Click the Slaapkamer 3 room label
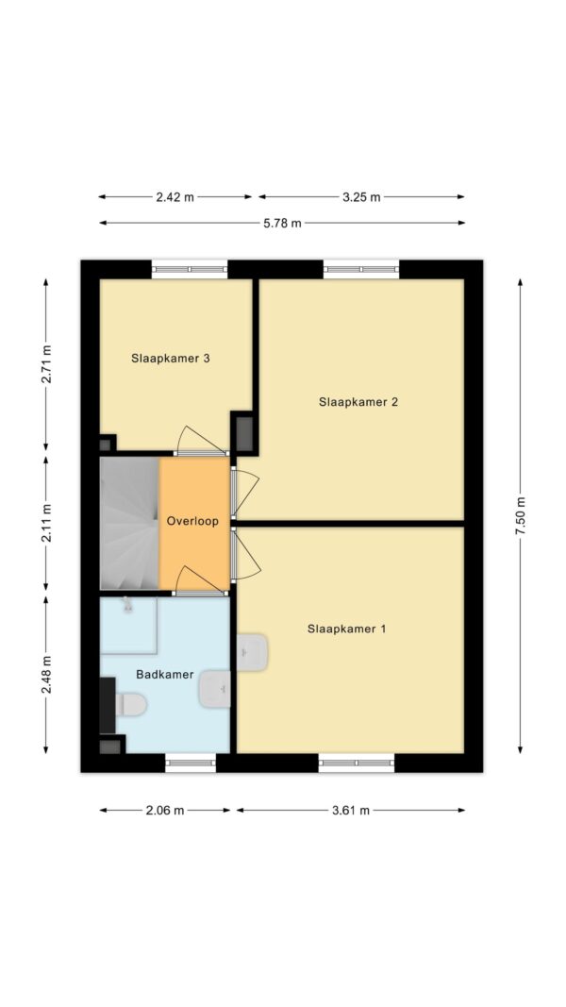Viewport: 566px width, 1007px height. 171,359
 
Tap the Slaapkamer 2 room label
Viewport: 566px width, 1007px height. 358,402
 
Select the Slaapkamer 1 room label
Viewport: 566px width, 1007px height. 346,629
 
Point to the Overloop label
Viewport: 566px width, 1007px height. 192,521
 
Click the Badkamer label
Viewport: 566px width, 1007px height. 156,675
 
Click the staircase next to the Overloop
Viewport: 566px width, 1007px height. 129,523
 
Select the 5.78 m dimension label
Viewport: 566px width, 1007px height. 282,224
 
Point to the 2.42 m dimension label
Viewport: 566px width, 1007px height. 175,197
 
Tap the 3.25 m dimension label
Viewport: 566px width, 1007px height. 361,197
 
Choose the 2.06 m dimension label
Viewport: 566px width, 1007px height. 165,811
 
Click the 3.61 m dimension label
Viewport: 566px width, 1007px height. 350,811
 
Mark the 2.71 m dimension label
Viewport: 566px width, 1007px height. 46,364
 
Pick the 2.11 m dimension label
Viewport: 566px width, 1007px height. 46,524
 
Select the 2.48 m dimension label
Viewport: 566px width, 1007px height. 46,675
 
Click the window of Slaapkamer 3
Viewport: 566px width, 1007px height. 190,269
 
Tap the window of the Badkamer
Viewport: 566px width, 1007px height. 191,763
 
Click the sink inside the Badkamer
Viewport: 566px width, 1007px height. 215,689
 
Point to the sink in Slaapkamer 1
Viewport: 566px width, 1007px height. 252,652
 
